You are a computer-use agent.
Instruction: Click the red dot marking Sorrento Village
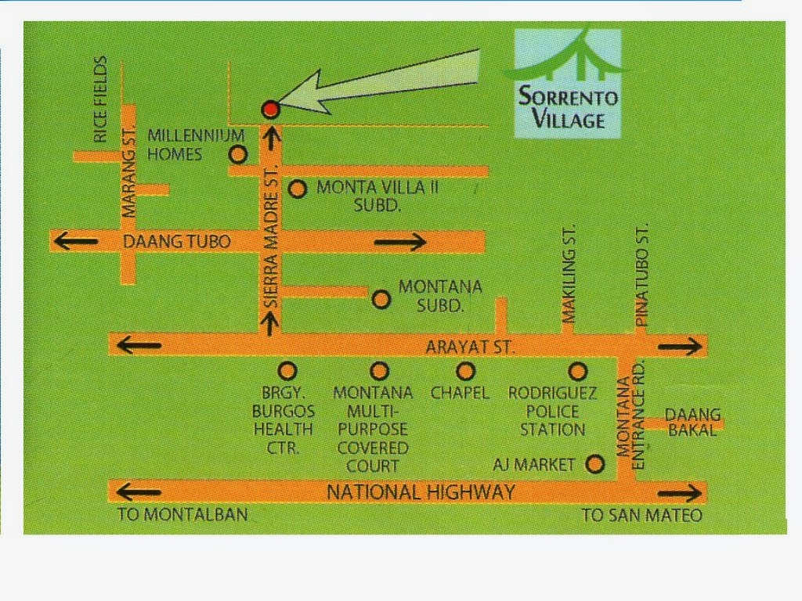click(270, 108)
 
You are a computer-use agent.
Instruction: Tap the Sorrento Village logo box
click(568, 84)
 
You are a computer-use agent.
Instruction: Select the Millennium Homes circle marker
click(239, 154)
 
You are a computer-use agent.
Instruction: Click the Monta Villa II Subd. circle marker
click(297, 189)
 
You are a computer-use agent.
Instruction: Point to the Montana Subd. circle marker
click(381, 299)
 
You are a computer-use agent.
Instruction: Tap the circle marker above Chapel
click(466, 370)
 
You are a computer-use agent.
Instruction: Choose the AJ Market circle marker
click(595, 464)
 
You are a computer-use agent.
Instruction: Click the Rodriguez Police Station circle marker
click(577, 371)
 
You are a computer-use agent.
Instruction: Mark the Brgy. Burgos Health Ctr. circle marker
click(287, 370)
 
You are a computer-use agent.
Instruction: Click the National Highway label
click(421, 492)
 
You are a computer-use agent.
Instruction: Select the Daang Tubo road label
click(177, 242)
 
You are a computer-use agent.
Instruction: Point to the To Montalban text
click(182, 515)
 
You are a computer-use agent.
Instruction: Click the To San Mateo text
click(642, 515)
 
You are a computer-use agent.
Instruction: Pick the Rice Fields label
click(100, 99)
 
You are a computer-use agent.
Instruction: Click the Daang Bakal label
click(692, 423)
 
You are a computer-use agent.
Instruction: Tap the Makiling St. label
click(569, 273)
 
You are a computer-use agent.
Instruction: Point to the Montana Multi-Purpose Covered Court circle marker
click(380, 370)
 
